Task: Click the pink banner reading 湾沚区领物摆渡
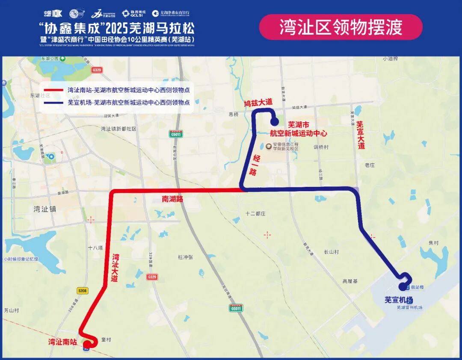pos(341,27)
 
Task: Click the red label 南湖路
pos(172,199)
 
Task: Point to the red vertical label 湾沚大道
pos(115,267)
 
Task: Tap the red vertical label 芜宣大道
pos(361,135)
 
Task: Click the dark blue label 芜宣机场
pos(398,300)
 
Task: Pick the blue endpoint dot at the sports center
pos(274,122)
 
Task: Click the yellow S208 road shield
pos(82,291)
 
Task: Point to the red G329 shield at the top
pos(97,69)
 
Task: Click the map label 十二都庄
pos(256,213)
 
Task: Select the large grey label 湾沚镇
pos(45,209)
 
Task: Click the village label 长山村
pos(332,252)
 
